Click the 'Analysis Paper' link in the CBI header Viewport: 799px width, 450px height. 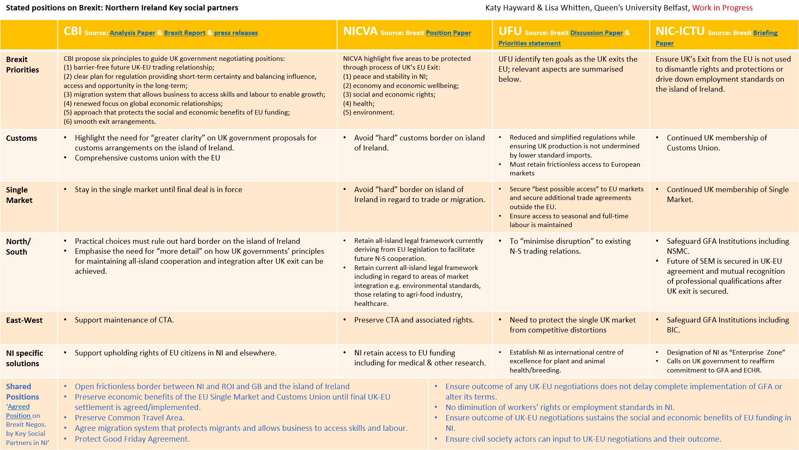[132, 33]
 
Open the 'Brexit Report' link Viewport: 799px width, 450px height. [184, 33]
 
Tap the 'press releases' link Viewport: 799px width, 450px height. [236, 33]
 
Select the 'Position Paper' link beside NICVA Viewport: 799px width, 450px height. [448, 33]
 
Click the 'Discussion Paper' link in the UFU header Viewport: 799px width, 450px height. [596, 33]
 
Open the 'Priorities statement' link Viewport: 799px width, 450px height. [529, 43]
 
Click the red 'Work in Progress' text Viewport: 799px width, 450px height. [722, 8]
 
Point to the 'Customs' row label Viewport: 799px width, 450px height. [22, 138]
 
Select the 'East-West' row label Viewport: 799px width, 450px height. [24, 320]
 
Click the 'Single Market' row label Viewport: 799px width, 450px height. [19, 195]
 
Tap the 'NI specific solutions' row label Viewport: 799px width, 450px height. [24, 358]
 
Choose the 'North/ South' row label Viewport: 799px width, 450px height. [18, 247]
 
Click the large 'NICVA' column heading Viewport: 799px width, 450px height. [360, 31]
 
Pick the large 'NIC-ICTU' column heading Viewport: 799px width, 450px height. [680, 31]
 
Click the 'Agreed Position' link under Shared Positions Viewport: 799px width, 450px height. [18, 411]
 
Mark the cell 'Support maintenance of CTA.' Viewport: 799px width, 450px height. [124, 320]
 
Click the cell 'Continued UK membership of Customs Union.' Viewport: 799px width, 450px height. [716, 143]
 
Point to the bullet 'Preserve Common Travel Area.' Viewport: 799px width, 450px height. [129, 418]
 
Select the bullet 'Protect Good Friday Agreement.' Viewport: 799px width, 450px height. [132, 439]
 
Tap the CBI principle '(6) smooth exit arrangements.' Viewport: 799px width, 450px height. [110, 122]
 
